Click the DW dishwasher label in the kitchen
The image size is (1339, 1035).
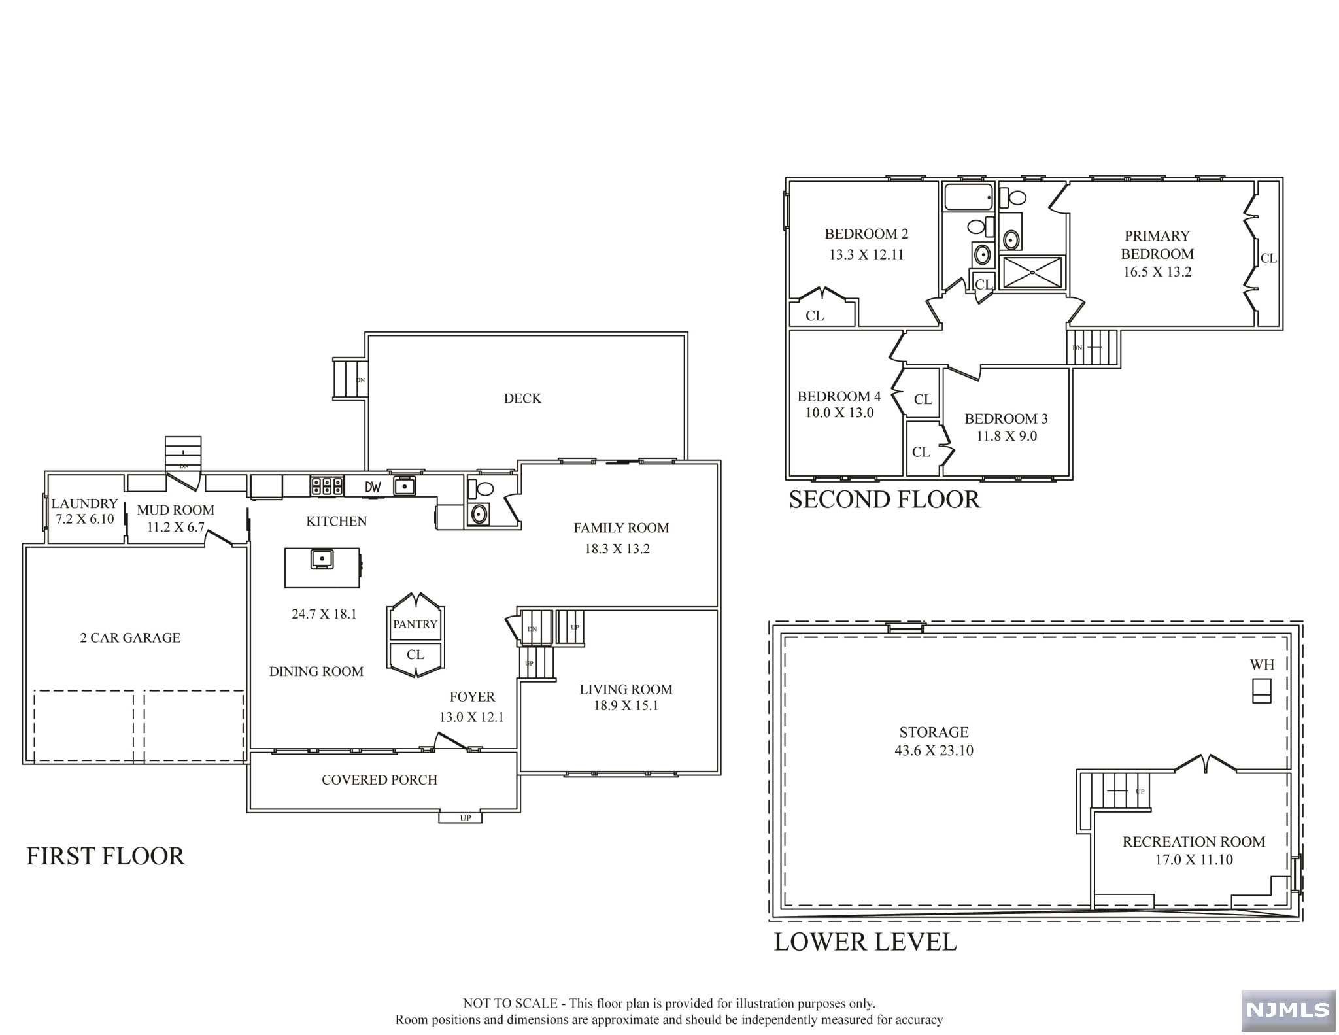(x=373, y=487)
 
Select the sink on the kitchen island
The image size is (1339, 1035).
(x=322, y=559)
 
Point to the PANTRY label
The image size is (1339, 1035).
(x=415, y=624)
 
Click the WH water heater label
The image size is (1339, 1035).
(x=1262, y=665)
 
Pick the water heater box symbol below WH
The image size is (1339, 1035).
(x=1262, y=691)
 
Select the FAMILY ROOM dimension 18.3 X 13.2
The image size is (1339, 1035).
(x=617, y=549)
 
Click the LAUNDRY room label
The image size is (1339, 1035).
(x=84, y=503)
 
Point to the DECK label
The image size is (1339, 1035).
(x=522, y=398)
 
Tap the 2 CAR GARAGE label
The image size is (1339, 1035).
(x=130, y=638)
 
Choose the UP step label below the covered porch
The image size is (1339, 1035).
(x=466, y=818)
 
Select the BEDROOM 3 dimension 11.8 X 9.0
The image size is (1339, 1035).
(x=1007, y=436)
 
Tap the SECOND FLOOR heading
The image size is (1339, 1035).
(x=885, y=500)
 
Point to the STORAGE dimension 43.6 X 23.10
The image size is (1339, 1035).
(x=934, y=751)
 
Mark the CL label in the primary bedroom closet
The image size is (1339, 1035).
(x=1268, y=258)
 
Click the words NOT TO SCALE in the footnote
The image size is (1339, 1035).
(x=510, y=1004)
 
